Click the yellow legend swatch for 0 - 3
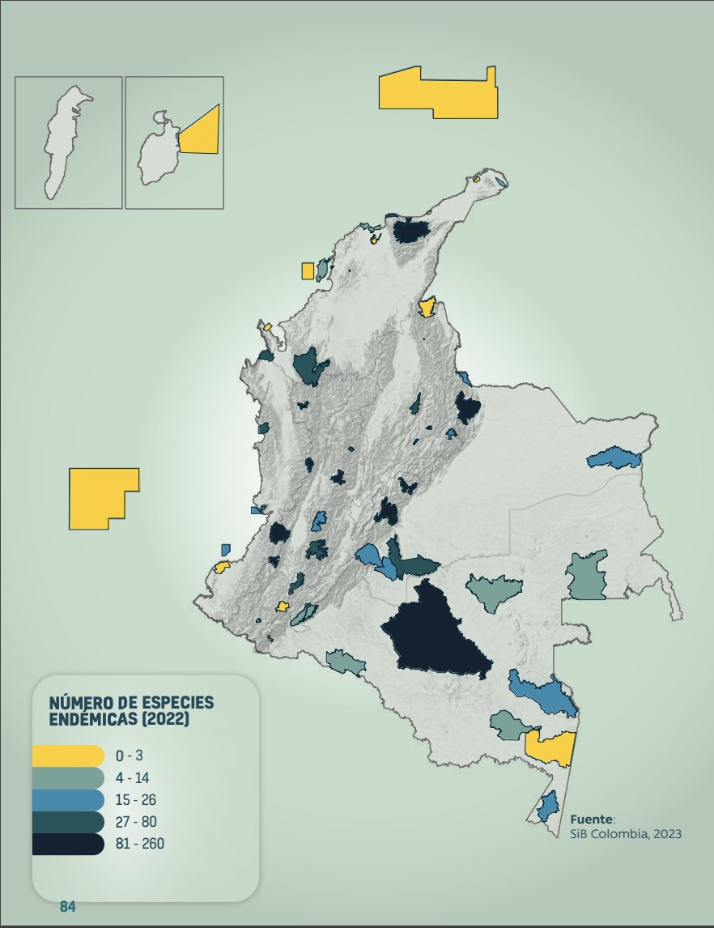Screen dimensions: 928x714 (x=68, y=756)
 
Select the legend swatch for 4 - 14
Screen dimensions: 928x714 (x=68, y=778)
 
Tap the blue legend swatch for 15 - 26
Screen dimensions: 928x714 (x=68, y=800)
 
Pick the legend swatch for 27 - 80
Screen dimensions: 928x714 (x=68, y=822)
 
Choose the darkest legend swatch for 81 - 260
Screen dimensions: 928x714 (x=68, y=845)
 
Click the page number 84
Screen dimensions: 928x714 (x=67, y=906)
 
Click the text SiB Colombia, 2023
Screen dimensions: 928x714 (x=626, y=834)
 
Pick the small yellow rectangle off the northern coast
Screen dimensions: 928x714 (x=308, y=270)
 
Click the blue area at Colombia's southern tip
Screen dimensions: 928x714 (x=549, y=807)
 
